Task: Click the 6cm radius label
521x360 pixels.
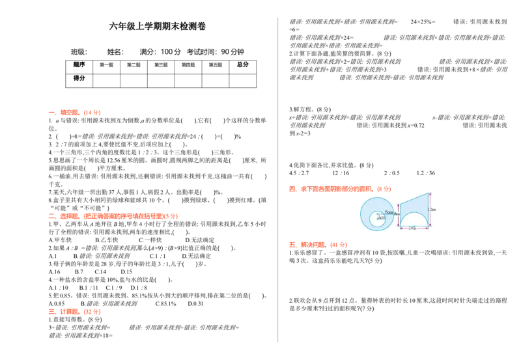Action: pyautogui.click(x=389, y=212)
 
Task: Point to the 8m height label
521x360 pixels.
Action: pyautogui.click(x=396, y=214)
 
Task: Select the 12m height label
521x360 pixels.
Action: pyautogui.click(x=433, y=209)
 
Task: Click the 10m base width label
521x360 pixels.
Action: pyautogui.click(x=412, y=228)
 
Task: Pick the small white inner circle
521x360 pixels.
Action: pyautogui.click(x=376, y=219)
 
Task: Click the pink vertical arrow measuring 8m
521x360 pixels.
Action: pyautogui.click(x=398, y=214)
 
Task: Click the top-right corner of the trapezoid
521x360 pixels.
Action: pyautogui.click(x=428, y=192)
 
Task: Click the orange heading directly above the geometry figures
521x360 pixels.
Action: pyautogui.click(x=339, y=189)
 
